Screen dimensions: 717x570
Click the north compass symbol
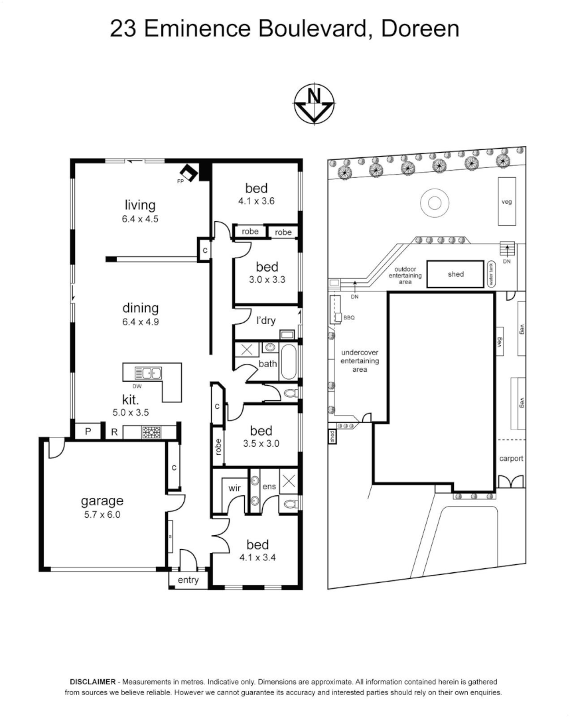tap(314, 104)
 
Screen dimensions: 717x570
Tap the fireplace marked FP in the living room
tap(190, 173)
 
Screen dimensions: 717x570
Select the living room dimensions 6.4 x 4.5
tap(140, 218)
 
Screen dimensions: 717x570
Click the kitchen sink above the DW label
tap(147, 374)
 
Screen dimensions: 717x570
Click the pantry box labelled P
tap(87, 432)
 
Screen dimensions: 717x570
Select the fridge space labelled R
tap(114, 432)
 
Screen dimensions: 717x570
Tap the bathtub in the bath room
tap(289, 362)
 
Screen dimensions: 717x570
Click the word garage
tap(102, 501)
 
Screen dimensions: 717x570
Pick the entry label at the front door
tap(188, 580)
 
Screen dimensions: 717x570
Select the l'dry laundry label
tap(265, 320)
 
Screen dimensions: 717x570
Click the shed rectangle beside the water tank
tap(456, 274)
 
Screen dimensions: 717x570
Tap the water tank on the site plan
tap(492, 274)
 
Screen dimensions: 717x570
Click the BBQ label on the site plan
tap(349, 318)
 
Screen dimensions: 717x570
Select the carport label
tap(512, 459)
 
